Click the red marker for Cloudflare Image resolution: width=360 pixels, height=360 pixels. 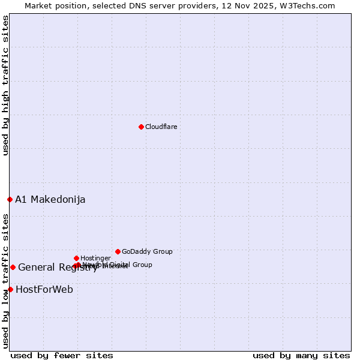click(141, 127)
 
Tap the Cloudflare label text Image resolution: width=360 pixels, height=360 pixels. click(161, 127)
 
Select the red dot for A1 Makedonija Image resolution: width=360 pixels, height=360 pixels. click(10, 199)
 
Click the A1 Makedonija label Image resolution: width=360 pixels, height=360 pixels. click(50, 199)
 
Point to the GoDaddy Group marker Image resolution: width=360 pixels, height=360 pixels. click(118, 251)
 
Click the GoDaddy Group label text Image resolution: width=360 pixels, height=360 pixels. click(147, 251)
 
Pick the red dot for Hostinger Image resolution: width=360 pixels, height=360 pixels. click(76, 258)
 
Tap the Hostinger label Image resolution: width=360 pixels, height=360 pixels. click(95, 258)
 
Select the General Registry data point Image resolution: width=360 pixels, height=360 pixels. click(13, 267)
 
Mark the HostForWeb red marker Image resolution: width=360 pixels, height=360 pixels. click(10, 289)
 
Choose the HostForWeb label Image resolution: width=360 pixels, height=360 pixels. click(44, 289)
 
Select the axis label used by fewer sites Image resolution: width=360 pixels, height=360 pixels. click(62, 355)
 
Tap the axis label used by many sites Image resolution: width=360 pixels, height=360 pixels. click(301, 355)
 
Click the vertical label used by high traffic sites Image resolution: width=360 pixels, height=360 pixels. click(5, 86)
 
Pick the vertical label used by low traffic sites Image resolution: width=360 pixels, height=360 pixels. click(5, 281)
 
